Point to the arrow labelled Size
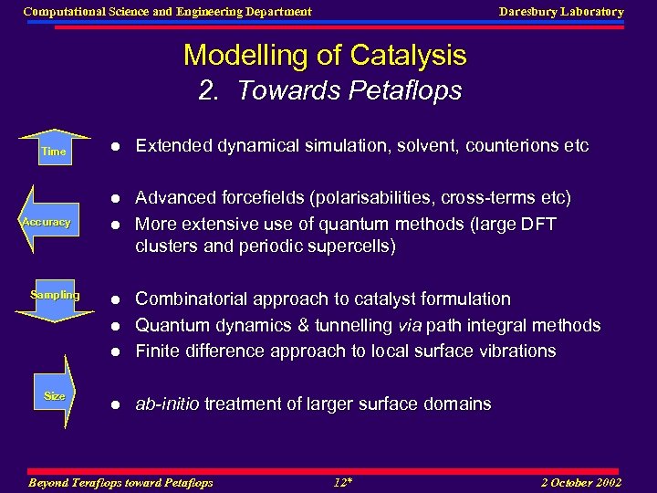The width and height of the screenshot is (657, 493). pyautogui.click(x=55, y=395)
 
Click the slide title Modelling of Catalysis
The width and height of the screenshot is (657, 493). pyautogui.click(x=325, y=55)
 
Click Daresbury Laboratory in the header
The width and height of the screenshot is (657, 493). pyautogui.click(x=561, y=12)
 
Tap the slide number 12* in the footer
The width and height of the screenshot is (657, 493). pyautogui.click(x=342, y=482)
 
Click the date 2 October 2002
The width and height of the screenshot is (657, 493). pyautogui.click(x=580, y=482)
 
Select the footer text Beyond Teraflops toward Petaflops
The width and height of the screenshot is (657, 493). pyautogui.click(x=121, y=482)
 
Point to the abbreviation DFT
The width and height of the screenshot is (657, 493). pyautogui.click(x=537, y=224)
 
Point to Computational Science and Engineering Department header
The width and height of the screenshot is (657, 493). pyautogui.click(x=167, y=12)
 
